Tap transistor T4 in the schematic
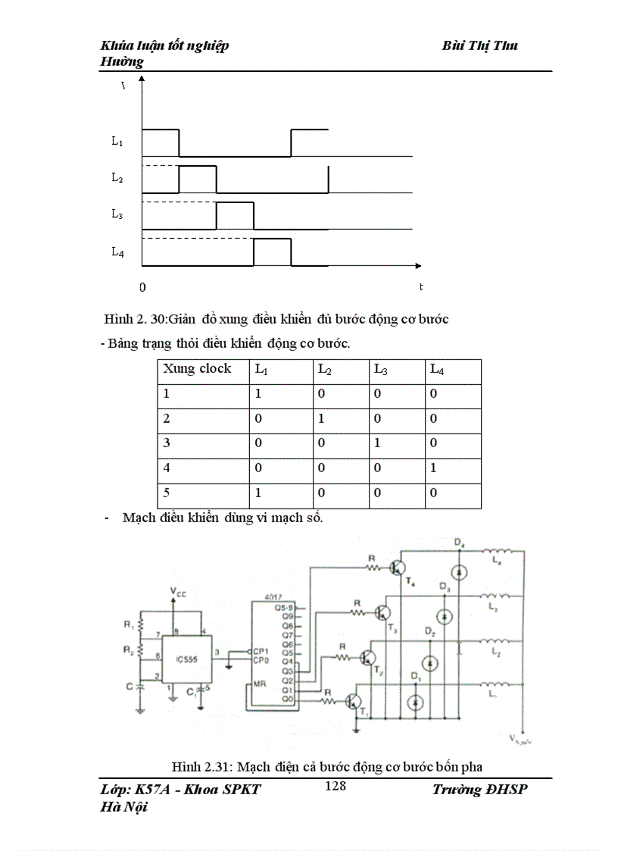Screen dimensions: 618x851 [397, 568]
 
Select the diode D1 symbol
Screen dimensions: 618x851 [414, 702]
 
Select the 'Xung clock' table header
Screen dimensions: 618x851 [197, 369]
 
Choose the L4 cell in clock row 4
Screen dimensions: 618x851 [433, 468]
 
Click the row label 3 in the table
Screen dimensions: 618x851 [167, 443]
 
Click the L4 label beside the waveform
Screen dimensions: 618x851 [117, 252]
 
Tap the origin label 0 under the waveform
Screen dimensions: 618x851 [142, 288]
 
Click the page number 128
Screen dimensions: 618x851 [336, 786]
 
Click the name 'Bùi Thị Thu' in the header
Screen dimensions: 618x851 [479, 46]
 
